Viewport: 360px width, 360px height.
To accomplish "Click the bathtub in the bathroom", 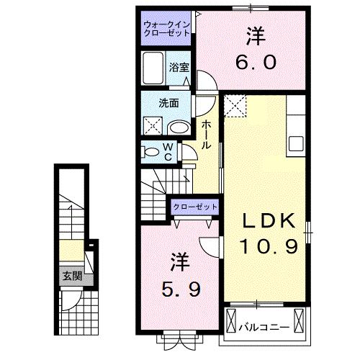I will click(x=153, y=68).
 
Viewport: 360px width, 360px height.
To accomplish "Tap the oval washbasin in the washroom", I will click(x=179, y=127).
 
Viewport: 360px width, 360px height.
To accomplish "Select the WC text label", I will click(x=167, y=153).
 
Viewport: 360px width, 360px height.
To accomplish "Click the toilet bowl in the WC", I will click(x=151, y=153).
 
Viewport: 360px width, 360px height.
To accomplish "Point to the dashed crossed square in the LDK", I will click(x=235, y=107).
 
